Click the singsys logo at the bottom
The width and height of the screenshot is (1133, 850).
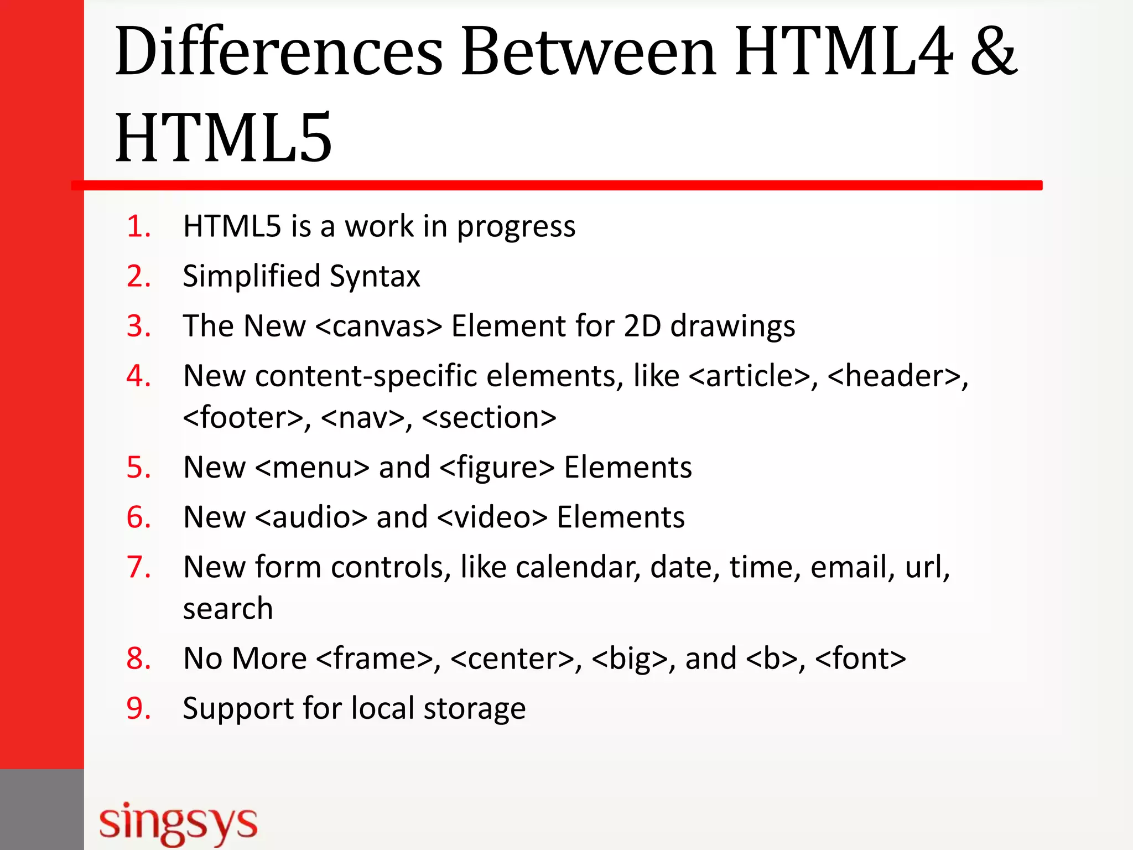coord(178,823)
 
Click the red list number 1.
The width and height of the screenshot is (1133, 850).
coord(138,226)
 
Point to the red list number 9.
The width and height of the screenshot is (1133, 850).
coord(138,708)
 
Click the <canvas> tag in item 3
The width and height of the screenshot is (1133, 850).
coord(379,326)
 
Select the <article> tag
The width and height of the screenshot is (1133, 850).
coord(750,376)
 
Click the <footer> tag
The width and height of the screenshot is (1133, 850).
coord(243,418)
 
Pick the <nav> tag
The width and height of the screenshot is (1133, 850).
coord(362,418)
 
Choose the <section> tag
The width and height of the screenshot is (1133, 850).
coord(489,418)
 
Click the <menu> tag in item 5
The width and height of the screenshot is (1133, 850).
coord(312,468)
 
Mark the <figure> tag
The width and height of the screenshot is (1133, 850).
coord(496,468)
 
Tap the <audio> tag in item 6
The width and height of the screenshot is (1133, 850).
coord(311,517)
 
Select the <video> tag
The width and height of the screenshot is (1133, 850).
coord(492,517)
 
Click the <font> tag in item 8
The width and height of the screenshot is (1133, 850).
coord(860,659)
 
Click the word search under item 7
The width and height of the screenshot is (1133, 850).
coord(228,609)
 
